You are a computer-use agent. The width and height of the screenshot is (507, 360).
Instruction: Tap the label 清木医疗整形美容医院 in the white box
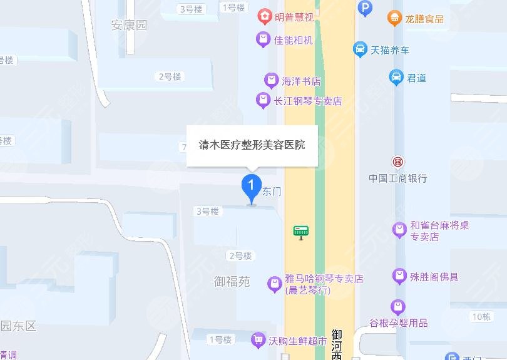coord(252,145)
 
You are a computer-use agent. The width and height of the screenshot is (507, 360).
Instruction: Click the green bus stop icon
coord(301,232)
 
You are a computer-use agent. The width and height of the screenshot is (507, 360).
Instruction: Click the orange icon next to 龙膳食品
coord(394,18)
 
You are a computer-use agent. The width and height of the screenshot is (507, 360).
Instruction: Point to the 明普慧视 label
coord(294,18)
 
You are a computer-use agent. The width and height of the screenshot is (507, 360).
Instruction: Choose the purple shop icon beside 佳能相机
coord(263,40)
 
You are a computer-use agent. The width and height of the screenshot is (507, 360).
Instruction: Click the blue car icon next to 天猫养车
coord(359,49)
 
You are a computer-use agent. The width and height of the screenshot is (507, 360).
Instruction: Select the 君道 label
coord(416,78)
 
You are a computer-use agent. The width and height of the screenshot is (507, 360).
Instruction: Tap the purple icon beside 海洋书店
coord(270,81)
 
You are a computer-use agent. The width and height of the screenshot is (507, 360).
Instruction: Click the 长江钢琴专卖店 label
coord(308,101)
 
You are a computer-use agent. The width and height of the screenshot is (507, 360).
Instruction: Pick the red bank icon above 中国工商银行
coord(398,162)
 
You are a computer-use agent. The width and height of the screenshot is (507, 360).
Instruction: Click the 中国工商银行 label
coord(398,178)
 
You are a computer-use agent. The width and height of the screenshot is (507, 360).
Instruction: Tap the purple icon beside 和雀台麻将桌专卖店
coord(399,230)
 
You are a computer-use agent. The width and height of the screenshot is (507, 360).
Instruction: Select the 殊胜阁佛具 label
coord(434,277)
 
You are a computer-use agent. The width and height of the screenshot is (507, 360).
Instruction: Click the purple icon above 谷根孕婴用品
coord(398,307)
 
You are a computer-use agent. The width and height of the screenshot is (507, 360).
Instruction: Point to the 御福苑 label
coord(232,282)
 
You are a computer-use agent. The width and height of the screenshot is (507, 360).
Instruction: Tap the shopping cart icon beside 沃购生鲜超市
coord(257,341)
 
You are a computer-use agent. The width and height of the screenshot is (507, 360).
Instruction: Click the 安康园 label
coord(129,25)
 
